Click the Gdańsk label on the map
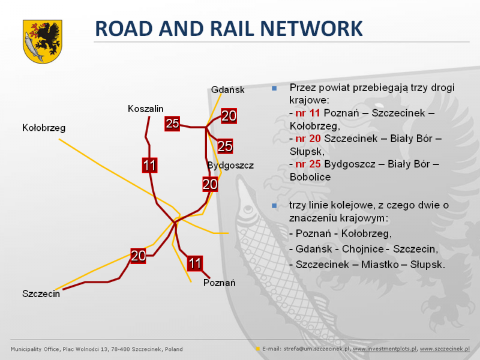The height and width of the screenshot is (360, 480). (228, 89)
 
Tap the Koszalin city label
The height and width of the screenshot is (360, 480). (145, 109)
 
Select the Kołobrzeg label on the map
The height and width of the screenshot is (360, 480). (44, 128)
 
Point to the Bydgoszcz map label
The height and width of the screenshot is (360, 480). (230, 166)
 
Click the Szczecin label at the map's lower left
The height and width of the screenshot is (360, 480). (41, 294)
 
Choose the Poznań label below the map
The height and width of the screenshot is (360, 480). (219, 283)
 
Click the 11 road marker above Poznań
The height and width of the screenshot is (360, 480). (194, 263)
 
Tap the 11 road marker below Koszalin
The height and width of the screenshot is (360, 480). (149, 166)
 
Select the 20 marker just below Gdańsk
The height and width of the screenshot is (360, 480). (229, 116)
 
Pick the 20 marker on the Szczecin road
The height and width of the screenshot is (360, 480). (138, 256)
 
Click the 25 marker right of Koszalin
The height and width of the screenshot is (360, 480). (172, 124)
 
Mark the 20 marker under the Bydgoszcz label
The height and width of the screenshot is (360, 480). (210, 184)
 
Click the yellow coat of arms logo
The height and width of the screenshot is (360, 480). (43, 41)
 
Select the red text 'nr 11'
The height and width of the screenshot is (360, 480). (308, 113)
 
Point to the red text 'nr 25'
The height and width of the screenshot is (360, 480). (308, 164)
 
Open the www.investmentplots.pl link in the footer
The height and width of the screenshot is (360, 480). (385, 349)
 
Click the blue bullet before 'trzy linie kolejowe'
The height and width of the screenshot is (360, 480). (274, 206)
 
